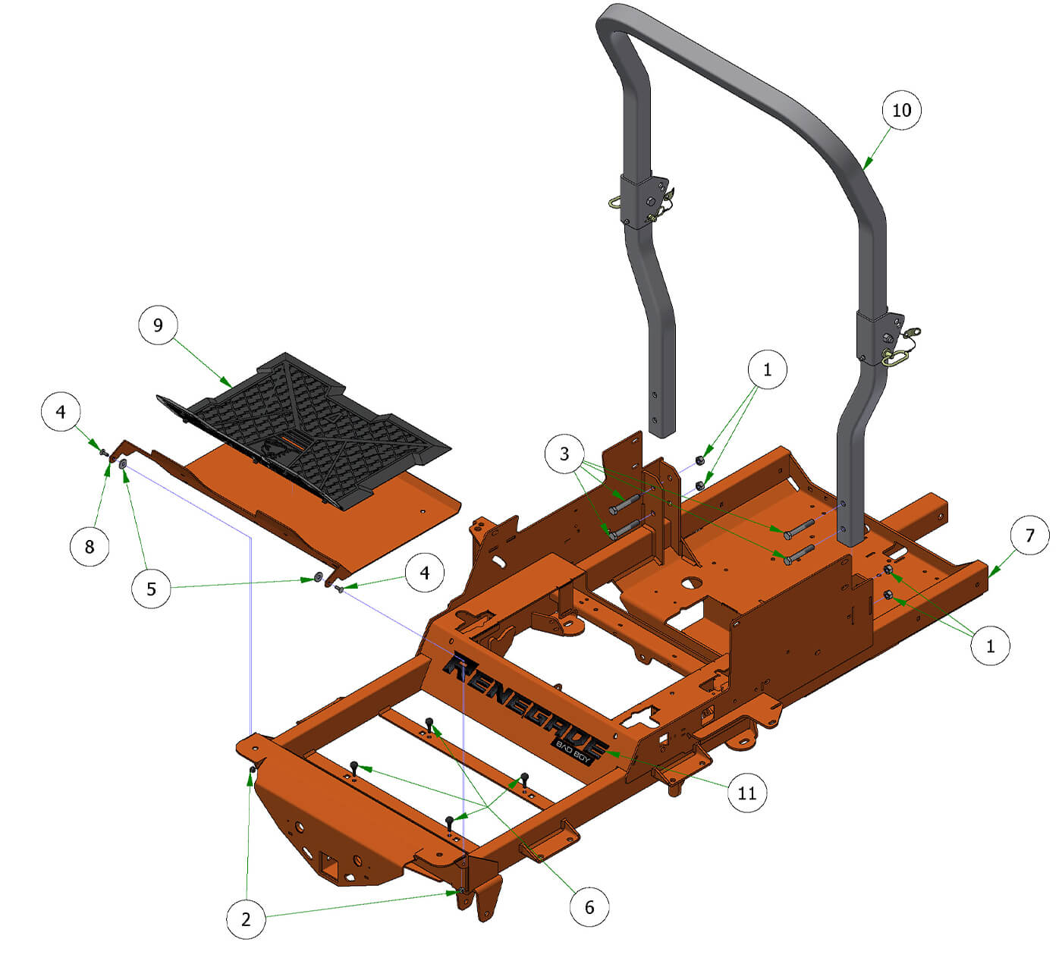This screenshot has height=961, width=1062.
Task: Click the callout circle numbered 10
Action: pos(900,110)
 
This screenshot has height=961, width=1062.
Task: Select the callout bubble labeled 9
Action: pos(158,325)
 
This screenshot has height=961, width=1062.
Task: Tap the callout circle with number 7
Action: pos(1029,535)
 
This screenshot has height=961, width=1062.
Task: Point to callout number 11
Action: pos(747,793)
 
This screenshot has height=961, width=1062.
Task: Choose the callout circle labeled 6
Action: pos(589,906)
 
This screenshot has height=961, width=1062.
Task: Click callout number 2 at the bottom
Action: pos(246,919)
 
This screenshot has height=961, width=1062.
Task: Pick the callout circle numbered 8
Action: pos(90,545)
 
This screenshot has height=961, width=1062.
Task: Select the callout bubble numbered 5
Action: pos(151,589)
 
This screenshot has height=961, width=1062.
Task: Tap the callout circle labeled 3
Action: pos(564,454)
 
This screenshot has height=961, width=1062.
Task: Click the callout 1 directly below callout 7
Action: pos(990,645)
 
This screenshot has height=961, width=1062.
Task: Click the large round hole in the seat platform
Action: pos(690,584)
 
